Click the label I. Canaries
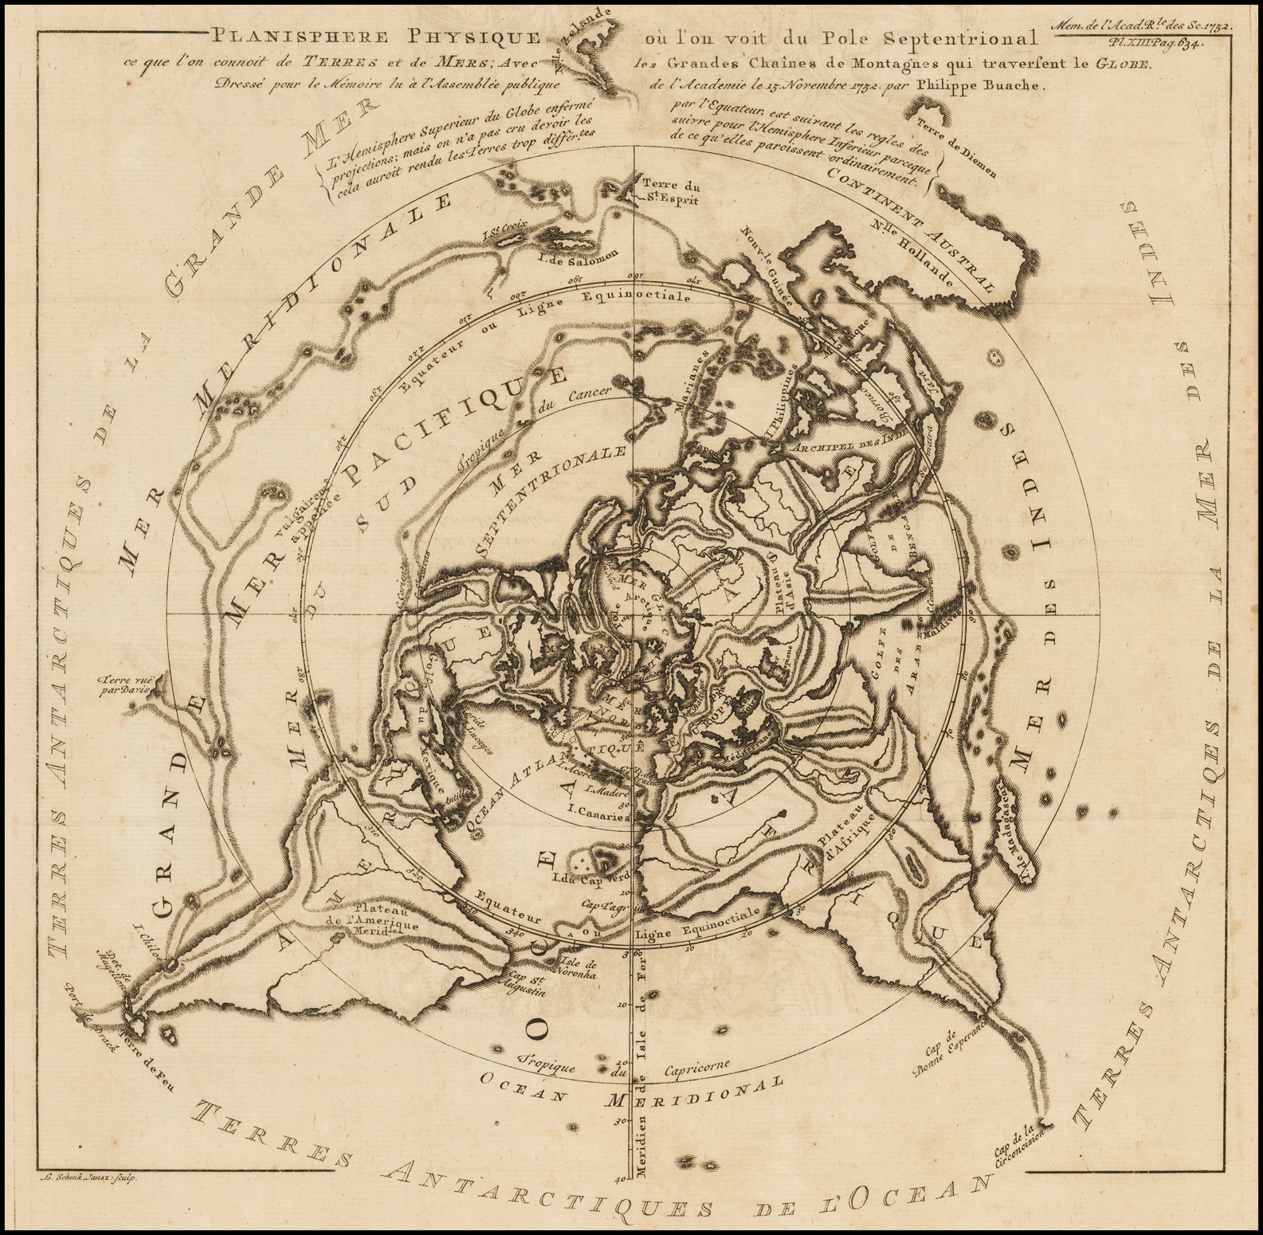(599, 817)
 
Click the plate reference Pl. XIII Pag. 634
(1163, 44)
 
